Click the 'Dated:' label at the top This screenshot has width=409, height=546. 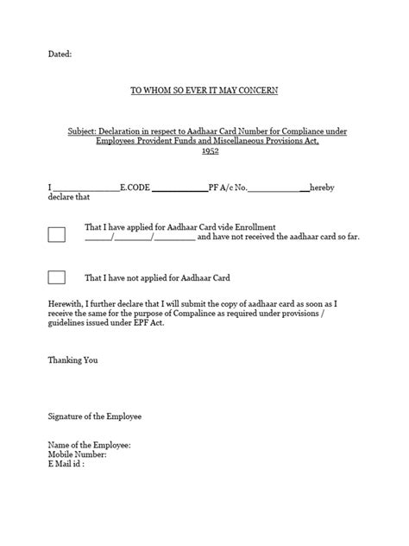pyautogui.click(x=60, y=54)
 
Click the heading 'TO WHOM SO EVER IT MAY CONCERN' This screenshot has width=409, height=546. pyautogui.click(x=204, y=89)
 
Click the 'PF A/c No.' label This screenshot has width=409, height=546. pyautogui.click(x=228, y=187)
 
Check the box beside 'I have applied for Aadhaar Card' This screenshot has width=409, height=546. pyautogui.click(x=57, y=233)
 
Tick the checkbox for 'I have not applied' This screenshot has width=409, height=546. pyautogui.click(x=57, y=277)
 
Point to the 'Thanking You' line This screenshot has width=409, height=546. pyautogui.click(x=73, y=359)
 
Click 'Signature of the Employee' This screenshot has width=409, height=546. pyautogui.click(x=95, y=416)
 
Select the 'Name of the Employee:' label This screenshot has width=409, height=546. pyautogui.click(x=90, y=444)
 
